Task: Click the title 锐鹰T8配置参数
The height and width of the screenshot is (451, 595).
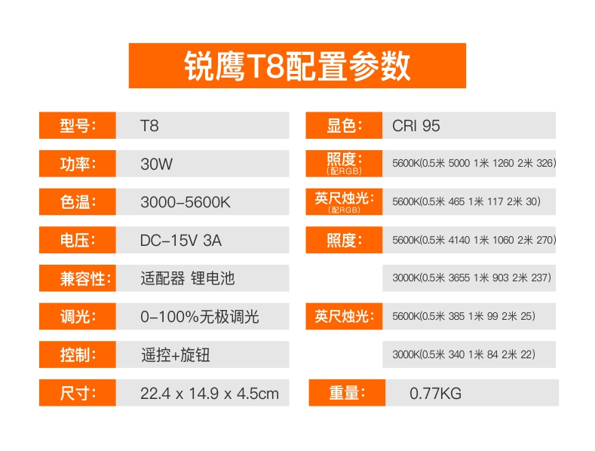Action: [x=297, y=66]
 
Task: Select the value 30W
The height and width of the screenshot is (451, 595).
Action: [x=156, y=164]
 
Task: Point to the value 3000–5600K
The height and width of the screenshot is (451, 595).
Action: [x=186, y=202]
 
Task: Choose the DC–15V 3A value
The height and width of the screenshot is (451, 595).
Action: [x=181, y=241]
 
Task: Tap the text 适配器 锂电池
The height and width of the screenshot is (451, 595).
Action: [x=188, y=278]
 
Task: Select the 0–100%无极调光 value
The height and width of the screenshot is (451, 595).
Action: [x=200, y=317]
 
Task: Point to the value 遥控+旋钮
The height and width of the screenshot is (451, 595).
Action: [x=175, y=355]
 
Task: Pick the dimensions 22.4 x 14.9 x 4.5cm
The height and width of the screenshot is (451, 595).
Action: [x=210, y=393]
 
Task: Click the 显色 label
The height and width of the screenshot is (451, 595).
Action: [x=344, y=125]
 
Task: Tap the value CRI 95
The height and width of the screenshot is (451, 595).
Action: [x=416, y=126]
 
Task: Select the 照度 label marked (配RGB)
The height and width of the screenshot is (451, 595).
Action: [x=344, y=164]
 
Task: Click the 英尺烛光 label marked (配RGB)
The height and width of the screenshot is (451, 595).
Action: [x=344, y=201]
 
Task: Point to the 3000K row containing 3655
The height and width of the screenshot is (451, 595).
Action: [x=471, y=278]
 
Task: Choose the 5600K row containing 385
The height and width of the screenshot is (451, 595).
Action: [x=464, y=316]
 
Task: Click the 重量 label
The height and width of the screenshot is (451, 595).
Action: [x=347, y=392]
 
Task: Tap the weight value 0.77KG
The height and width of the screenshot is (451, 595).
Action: [x=436, y=393]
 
